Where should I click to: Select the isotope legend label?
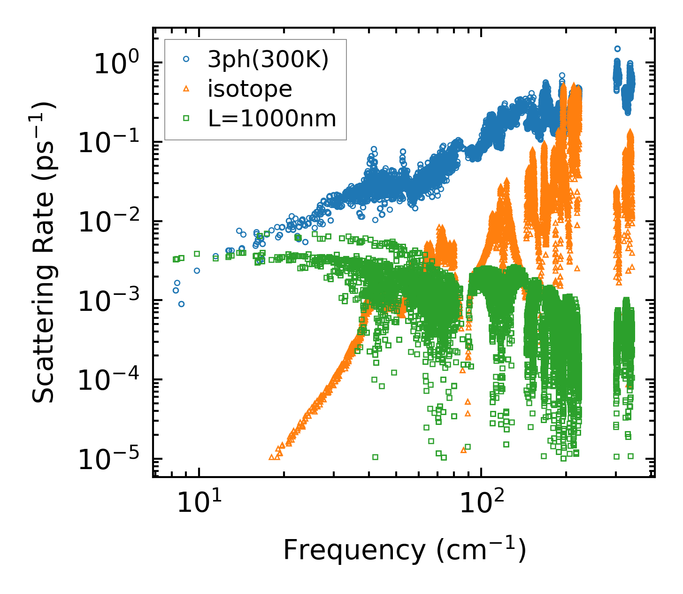click(250, 89)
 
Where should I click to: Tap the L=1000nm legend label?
click(272, 118)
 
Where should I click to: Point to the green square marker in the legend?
click(186, 118)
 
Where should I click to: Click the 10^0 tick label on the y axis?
click(115, 63)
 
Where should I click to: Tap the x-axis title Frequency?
click(404, 550)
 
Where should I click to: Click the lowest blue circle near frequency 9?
click(181, 304)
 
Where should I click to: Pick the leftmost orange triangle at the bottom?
click(271, 457)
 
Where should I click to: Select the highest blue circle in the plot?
click(618, 48)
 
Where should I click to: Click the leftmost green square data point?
click(176, 259)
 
